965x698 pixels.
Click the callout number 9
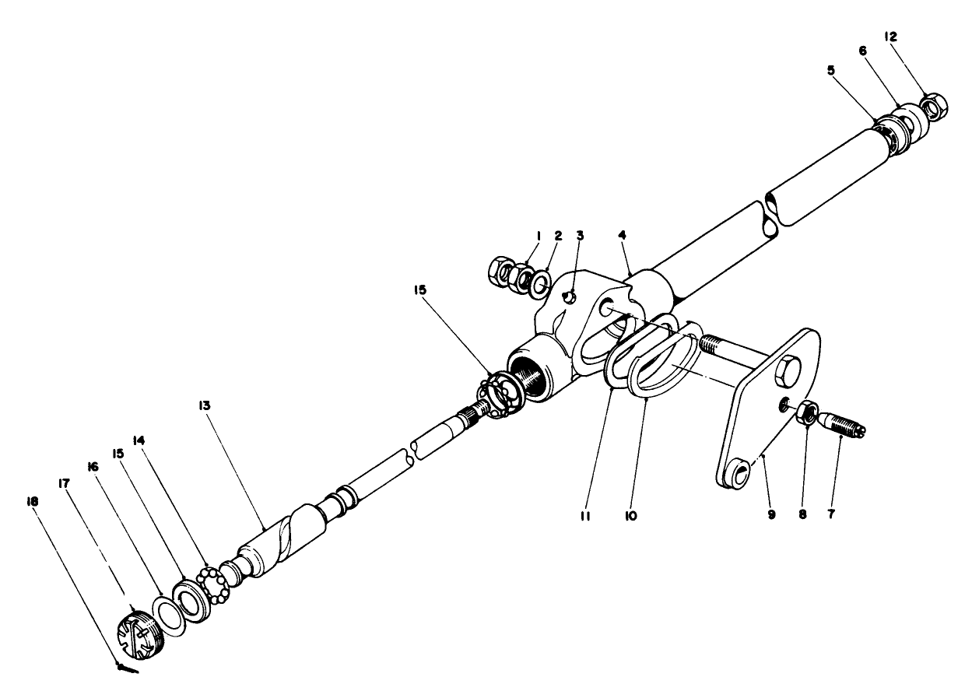point(772,515)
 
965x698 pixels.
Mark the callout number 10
point(631,515)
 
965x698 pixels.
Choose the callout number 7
point(832,515)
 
